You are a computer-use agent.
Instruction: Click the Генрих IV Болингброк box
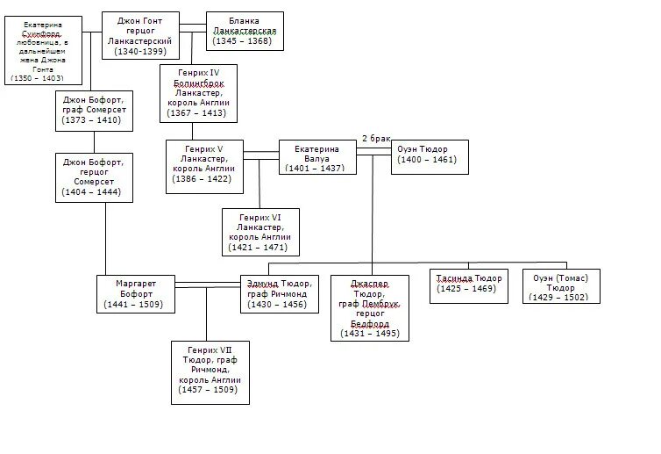tap(198, 91)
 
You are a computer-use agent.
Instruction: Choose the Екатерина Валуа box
tap(317, 157)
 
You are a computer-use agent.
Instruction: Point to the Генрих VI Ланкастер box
tap(259, 232)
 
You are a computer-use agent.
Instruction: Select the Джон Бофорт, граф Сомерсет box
tap(93, 110)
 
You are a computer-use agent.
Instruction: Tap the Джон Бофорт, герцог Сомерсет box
tap(93, 177)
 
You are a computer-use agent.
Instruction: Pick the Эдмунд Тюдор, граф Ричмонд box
tap(276, 294)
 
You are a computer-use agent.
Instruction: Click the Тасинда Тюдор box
tap(469, 284)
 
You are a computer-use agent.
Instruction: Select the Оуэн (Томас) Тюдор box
tap(561, 286)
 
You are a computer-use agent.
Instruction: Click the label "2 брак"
tap(377, 138)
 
